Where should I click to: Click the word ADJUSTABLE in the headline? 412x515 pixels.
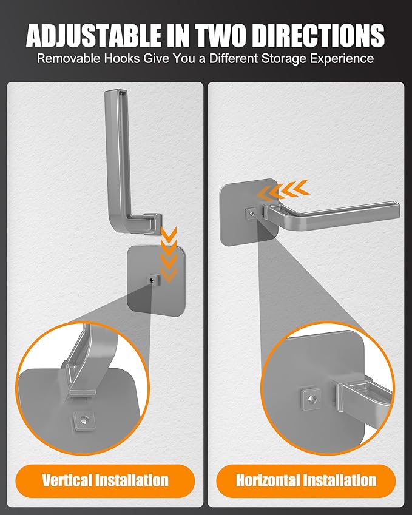tap(93, 35)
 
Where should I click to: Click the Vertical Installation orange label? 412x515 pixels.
tap(105, 480)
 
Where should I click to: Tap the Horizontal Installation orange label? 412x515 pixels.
tap(306, 480)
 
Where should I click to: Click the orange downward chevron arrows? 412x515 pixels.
tap(169, 255)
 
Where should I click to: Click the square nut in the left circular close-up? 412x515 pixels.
tap(84, 420)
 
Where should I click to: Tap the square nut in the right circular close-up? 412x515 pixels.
tap(311, 399)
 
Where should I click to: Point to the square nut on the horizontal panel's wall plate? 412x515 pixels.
tap(251, 214)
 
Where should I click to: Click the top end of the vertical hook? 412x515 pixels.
tap(115, 92)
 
